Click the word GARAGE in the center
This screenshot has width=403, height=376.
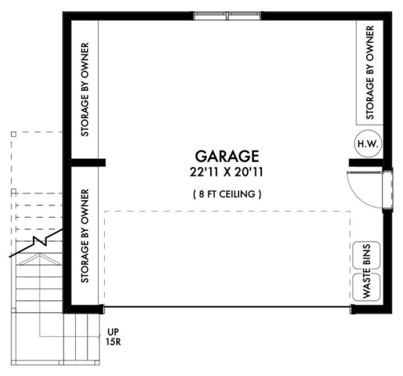(x=227, y=156)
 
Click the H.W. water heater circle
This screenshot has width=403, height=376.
(x=368, y=144)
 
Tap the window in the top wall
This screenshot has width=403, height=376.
(x=228, y=15)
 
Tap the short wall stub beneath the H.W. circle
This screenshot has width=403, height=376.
(x=363, y=163)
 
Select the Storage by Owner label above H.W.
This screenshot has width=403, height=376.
(x=370, y=72)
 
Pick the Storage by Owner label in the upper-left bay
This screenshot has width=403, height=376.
(x=84, y=89)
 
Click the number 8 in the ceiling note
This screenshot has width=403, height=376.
(x=199, y=194)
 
